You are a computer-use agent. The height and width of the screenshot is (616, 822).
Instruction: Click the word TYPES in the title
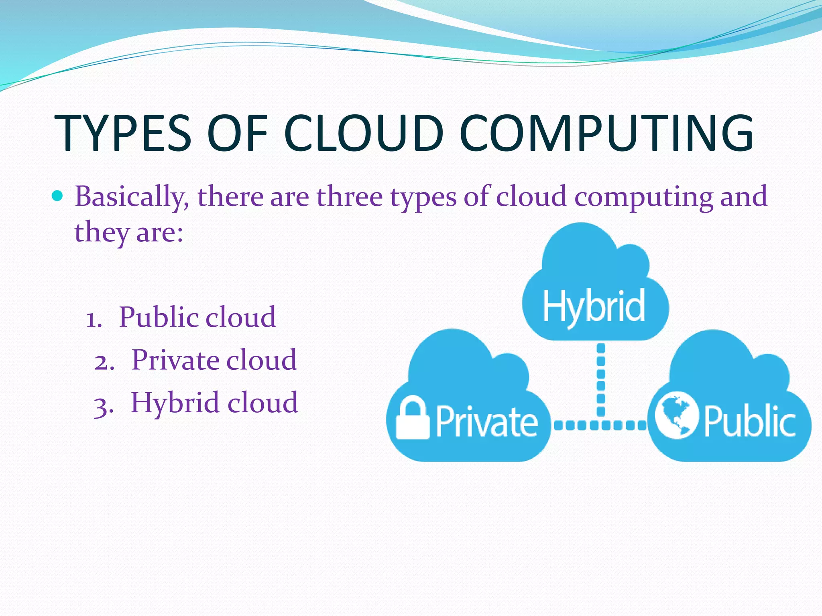coord(122,133)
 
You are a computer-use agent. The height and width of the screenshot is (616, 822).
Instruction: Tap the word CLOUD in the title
coord(364,133)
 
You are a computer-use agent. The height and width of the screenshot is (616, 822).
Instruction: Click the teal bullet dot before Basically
coord(58,196)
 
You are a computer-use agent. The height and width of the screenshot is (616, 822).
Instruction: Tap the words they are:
coord(129,232)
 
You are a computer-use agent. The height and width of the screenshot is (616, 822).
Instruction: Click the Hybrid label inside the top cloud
coord(594,307)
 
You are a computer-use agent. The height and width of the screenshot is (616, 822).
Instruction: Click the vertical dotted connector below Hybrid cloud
coord(601,379)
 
